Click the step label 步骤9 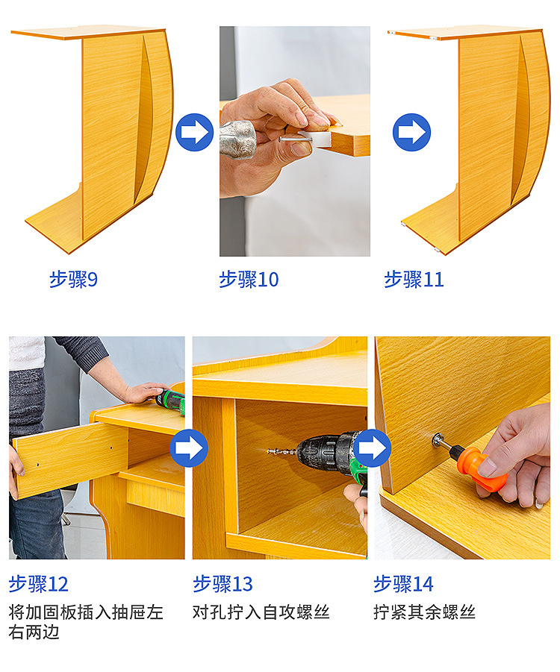coord(73,280)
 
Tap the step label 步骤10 coord(249,280)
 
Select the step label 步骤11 coord(414,280)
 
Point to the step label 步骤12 coord(39,584)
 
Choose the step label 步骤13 coord(223,584)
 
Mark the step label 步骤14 coord(403,584)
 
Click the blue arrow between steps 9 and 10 coord(194,132)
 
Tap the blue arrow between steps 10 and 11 coord(411,132)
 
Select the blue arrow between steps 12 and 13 coord(189,448)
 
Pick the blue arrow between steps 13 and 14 coord(372,448)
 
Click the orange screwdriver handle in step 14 coord(480,468)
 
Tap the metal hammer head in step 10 coord(238,139)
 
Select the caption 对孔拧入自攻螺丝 coord(261,612)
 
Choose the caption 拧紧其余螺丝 coord(424,612)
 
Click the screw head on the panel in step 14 coord(438,440)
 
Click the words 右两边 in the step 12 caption coord(34,632)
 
